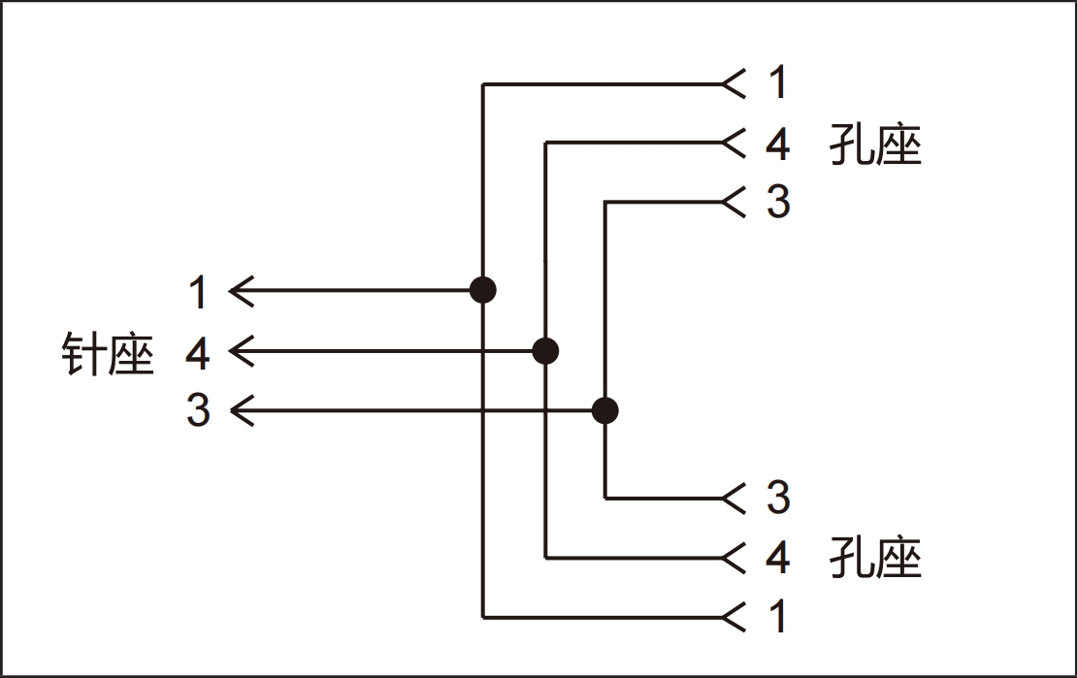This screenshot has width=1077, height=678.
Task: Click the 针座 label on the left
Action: pyautogui.click(x=108, y=354)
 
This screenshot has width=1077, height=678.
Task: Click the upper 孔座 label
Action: pyautogui.click(x=875, y=145)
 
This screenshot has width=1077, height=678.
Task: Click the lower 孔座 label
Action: pyautogui.click(x=875, y=557)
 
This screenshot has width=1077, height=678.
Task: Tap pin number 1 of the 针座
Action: pyautogui.click(x=199, y=292)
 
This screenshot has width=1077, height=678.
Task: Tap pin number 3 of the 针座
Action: pyautogui.click(x=198, y=410)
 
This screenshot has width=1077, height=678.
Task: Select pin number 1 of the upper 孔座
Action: pyautogui.click(x=777, y=82)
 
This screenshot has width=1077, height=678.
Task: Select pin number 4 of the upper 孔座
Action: pyautogui.click(x=777, y=145)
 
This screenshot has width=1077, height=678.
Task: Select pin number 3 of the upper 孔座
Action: pyautogui.click(x=778, y=202)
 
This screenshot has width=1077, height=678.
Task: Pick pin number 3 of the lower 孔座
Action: pyautogui.click(x=778, y=498)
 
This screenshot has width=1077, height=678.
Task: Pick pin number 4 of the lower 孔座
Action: pyautogui.click(x=777, y=557)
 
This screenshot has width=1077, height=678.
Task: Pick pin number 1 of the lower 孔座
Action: pyautogui.click(x=777, y=616)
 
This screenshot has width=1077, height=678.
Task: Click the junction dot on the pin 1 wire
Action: pyautogui.click(x=483, y=290)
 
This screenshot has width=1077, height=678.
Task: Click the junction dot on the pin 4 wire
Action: pyautogui.click(x=545, y=351)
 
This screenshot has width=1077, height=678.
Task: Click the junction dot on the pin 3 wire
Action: pyautogui.click(x=604, y=411)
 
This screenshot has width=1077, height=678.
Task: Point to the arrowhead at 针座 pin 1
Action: pyautogui.click(x=241, y=291)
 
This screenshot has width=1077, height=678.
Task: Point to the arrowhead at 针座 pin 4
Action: pyautogui.click(x=241, y=351)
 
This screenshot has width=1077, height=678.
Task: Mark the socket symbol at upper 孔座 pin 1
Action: pyautogui.click(x=734, y=83)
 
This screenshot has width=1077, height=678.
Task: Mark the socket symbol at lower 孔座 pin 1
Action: pyautogui.click(x=734, y=618)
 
